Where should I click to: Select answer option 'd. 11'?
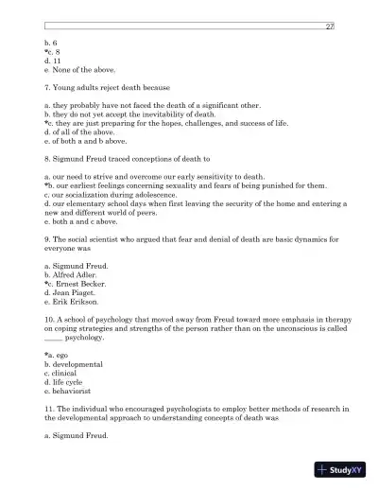pyautogui.click(x=54, y=61)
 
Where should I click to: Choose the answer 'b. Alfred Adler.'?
pyautogui.click(x=75, y=273)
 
